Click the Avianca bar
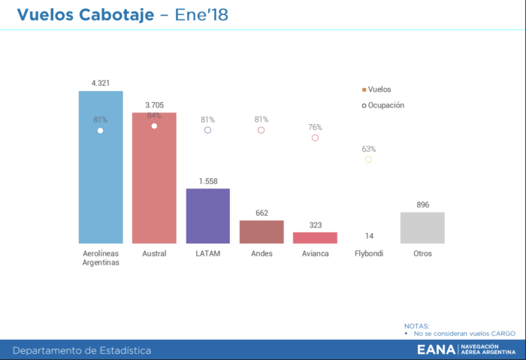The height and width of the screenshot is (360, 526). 315,237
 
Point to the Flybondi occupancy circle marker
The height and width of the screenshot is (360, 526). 368,159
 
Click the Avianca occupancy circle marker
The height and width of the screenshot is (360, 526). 315,138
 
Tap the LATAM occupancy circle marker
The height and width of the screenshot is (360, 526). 208,130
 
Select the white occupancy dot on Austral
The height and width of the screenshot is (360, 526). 154,126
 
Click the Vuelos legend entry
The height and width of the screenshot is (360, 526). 376,89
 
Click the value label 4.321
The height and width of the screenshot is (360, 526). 101,83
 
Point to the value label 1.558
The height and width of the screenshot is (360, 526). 208,181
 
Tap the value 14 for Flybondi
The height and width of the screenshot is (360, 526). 369,236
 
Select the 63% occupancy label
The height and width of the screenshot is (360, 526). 368,149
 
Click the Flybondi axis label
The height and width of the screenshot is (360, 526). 369,253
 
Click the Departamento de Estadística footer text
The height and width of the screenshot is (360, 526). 82,350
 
